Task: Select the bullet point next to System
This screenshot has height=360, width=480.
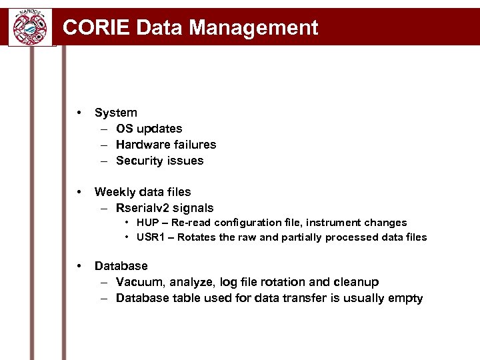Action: click(79, 112)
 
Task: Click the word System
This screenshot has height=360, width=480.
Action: click(115, 113)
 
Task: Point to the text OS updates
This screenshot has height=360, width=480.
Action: click(149, 129)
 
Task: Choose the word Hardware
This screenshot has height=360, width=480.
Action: click(140, 145)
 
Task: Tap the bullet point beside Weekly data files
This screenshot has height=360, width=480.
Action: click(79, 191)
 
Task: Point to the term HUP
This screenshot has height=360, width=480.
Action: click(147, 223)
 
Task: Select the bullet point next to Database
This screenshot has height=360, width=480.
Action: click(79, 265)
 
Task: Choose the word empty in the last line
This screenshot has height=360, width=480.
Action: click(406, 298)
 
